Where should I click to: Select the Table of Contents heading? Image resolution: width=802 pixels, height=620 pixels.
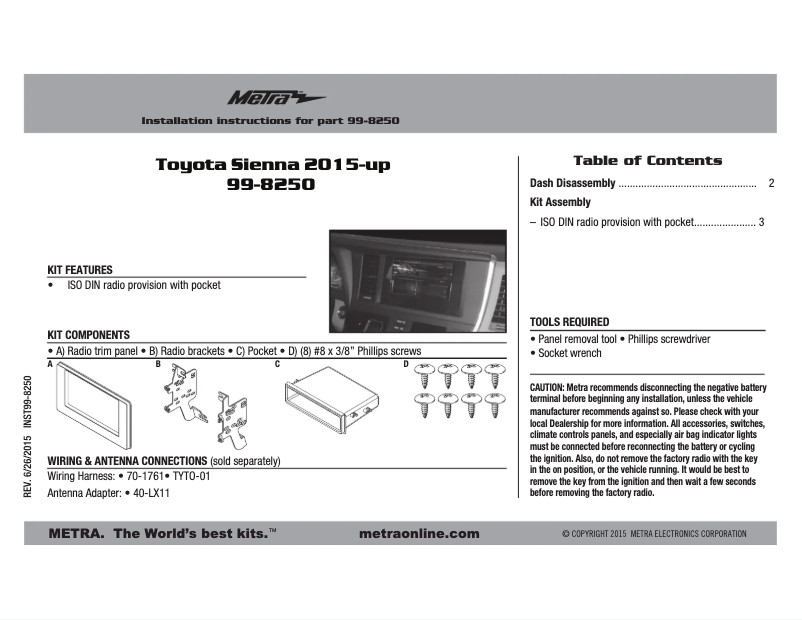click(x=647, y=160)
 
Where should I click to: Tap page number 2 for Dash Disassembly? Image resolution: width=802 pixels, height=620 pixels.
click(x=771, y=184)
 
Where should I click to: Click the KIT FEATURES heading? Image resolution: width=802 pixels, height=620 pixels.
click(x=80, y=270)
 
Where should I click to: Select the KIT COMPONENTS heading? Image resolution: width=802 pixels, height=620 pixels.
click(x=89, y=334)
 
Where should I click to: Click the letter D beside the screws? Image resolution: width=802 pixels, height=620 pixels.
click(x=406, y=364)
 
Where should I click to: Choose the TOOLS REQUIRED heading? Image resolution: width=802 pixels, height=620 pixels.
click(x=569, y=322)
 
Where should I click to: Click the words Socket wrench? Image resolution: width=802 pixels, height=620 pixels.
click(x=570, y=353)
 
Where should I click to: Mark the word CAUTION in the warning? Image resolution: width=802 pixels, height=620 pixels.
click(x=548, y=386)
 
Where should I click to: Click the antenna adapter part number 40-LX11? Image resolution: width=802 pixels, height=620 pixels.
click(x=151, y=493)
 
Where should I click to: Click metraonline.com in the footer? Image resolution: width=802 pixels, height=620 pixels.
click(x=418, y=534)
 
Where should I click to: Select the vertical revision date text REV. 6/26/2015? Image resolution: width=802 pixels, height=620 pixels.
click(x=29, y=471)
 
